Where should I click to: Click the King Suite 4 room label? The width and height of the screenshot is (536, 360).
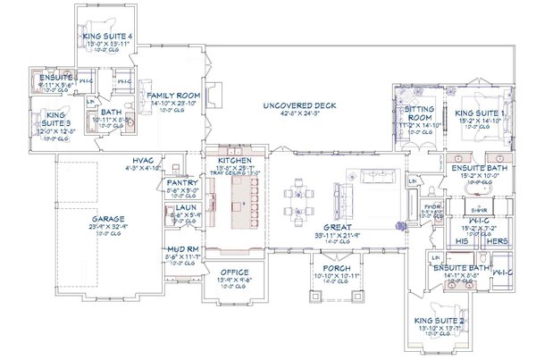[x=109, y=37]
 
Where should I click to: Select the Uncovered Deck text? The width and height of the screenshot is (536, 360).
[x=299, y=105]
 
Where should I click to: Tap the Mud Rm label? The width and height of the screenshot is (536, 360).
[x=181, y=250]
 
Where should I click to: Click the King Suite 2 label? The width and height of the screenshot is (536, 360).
[x=439, y=323]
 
